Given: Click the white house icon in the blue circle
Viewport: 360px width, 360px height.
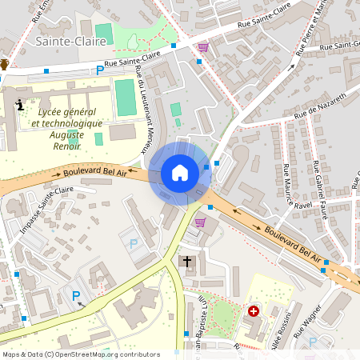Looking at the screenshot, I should click(180, 173).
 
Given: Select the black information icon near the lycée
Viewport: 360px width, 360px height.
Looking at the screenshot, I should click(19, 103).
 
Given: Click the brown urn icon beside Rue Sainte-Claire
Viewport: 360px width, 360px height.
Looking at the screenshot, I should click(4, 64).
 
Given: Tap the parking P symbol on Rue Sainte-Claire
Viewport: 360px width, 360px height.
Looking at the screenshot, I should click(100, 70).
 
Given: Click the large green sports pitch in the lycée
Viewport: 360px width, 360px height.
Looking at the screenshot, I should click(125, 97).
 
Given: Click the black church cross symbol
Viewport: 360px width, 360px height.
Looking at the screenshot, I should click(188, 262).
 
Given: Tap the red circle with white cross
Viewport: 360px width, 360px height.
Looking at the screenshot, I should click(254, 310).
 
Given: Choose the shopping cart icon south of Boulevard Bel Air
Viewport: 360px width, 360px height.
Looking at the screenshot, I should click(200, 222).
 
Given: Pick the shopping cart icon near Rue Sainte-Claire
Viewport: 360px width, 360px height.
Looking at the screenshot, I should click(203, 47).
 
